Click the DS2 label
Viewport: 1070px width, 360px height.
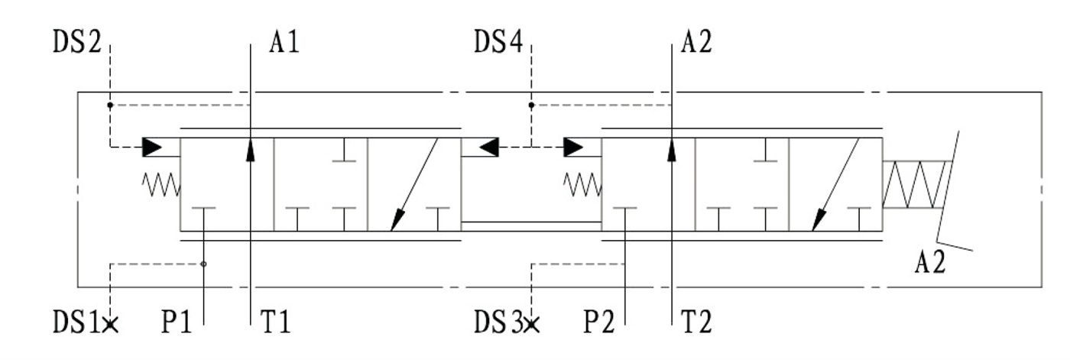coord(76,43)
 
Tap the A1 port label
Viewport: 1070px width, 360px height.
coord(284,43)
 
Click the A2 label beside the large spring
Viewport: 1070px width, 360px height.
coord(930,263)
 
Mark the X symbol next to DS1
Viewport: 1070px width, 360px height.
coord(111,325)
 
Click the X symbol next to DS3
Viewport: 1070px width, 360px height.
coord(532,325)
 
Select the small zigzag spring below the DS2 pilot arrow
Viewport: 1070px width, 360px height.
coord(160,183)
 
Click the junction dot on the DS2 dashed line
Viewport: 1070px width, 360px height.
coord(110,104)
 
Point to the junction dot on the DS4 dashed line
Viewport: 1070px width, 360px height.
coord(531,104)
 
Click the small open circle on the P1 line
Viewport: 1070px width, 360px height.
coord(203,264)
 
